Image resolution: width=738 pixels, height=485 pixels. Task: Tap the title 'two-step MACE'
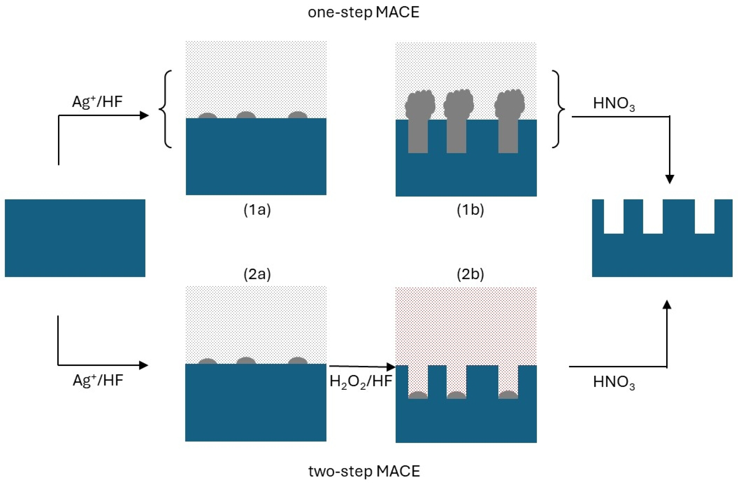[x=364, y=471]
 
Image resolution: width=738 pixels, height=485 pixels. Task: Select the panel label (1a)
[x=257, y=210]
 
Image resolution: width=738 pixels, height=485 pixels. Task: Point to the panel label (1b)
[x=470, y=210]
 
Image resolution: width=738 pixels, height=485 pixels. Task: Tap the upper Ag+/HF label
[x=97, y=102]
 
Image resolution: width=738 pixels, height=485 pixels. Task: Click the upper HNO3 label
[x=614, y=104]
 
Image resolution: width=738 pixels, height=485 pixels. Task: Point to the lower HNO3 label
[x=614, y=382]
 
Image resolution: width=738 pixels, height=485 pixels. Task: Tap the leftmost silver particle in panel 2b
[x=418, y=395]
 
